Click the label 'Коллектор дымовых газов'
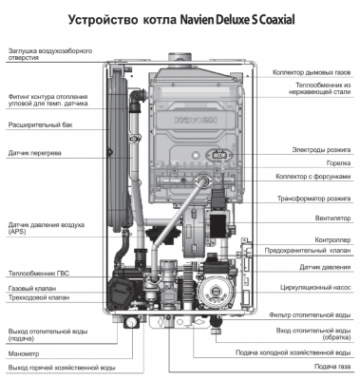click(313, 72)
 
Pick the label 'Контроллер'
click(332, 240)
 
